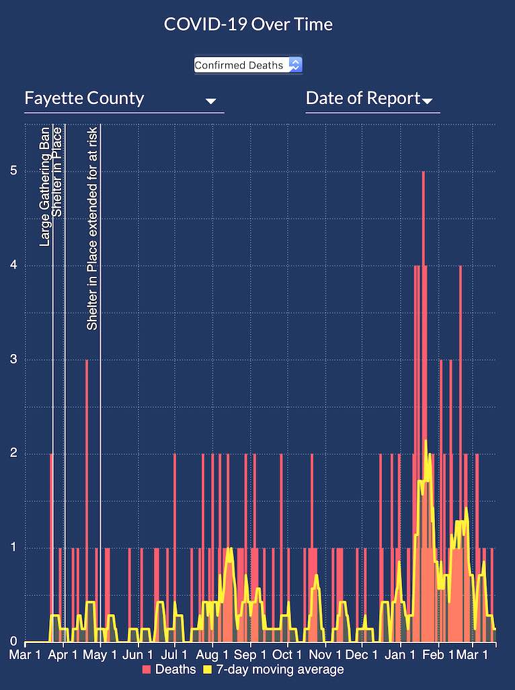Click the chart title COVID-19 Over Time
tap(248, 25)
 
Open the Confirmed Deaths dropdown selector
tap(248, 64)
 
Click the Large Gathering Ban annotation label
tap(45, 186)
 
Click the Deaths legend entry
tap(169, 669)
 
